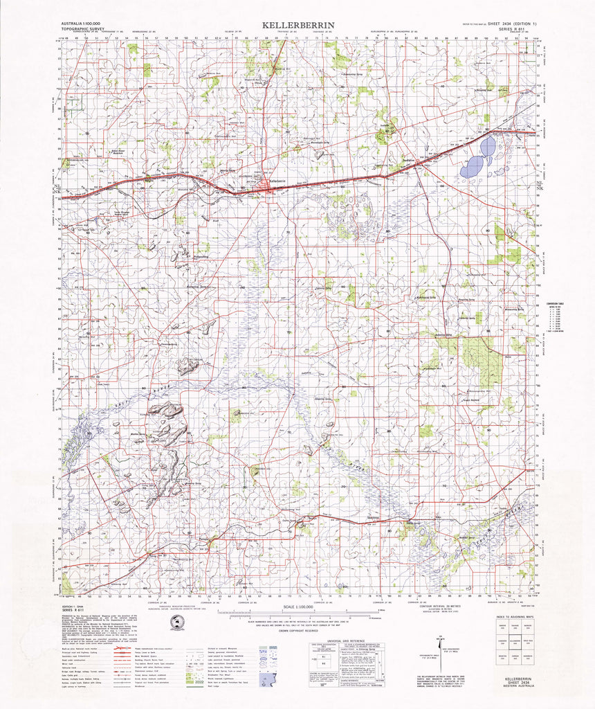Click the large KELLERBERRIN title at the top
(x=298, y=25)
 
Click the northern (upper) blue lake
(x=488, y=146)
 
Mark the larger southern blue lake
(x=472, y=167)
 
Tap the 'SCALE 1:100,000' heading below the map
(x=297, y=607)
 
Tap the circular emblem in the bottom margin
(x=165, y=624)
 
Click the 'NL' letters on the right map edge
(x=540, y=182)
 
